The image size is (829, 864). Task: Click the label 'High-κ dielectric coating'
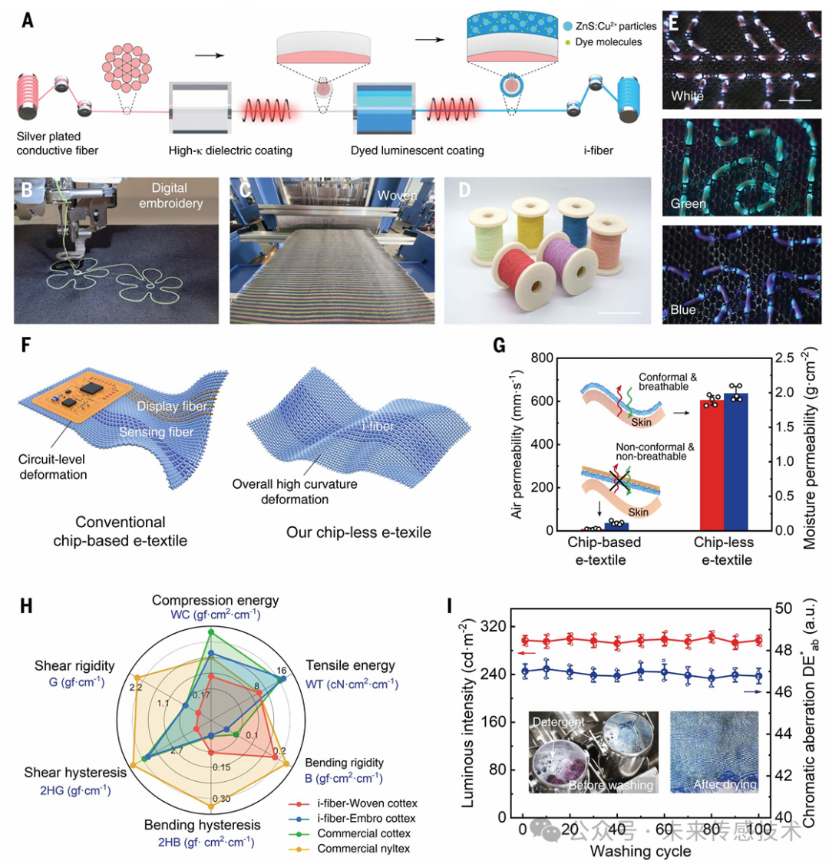click(230, 150)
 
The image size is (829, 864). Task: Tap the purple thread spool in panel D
click(572, 266)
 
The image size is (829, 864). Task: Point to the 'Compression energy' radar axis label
click(216, 599)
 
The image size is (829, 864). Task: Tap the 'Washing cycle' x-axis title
click(640, 851)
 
